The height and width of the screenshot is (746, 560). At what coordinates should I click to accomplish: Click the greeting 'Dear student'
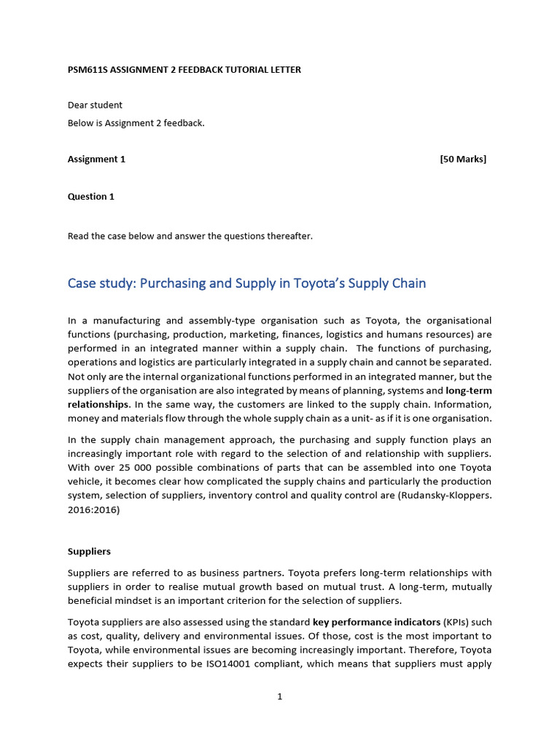tap(95, 105)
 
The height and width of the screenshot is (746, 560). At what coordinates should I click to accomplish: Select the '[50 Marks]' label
tap(463, 159)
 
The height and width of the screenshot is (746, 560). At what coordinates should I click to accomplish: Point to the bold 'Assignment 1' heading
tap(96, 159)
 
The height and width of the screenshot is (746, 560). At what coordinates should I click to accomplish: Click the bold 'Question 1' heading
tap(91, 196)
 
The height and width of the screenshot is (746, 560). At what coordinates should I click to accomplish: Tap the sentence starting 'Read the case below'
tap(190, 236)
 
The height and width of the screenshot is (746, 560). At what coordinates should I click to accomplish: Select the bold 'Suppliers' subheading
tap(89, 551)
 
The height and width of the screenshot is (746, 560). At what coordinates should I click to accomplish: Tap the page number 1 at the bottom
tap(280, 697)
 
